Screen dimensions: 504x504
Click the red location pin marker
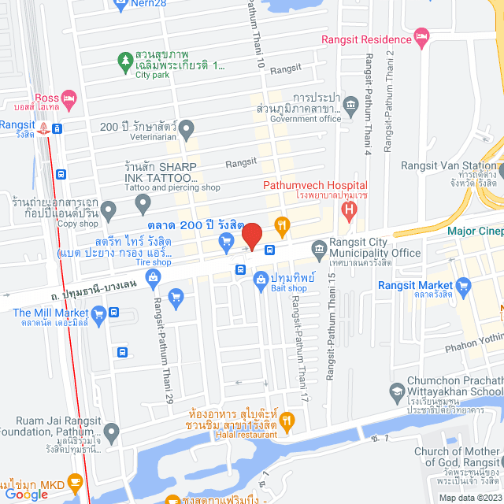(x=251, y=235)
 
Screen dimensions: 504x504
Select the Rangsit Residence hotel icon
(x=422, y=35)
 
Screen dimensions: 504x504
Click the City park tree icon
(x=124, y=60)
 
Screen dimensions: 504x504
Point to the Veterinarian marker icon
(x=187, y=127)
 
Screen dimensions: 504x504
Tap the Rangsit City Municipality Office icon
(x=320, y=252)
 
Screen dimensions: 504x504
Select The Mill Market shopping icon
(x=98, y=317)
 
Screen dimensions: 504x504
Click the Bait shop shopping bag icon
(x=261, y=279)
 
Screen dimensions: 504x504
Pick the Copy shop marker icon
(x=108, y=209)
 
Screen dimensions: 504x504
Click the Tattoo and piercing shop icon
(x=143, y=205)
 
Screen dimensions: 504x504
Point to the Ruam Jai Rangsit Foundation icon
(x=112, y=432)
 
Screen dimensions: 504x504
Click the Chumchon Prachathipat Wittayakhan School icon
(x=397, y=391)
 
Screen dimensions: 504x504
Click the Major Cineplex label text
(x=475, y=231)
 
